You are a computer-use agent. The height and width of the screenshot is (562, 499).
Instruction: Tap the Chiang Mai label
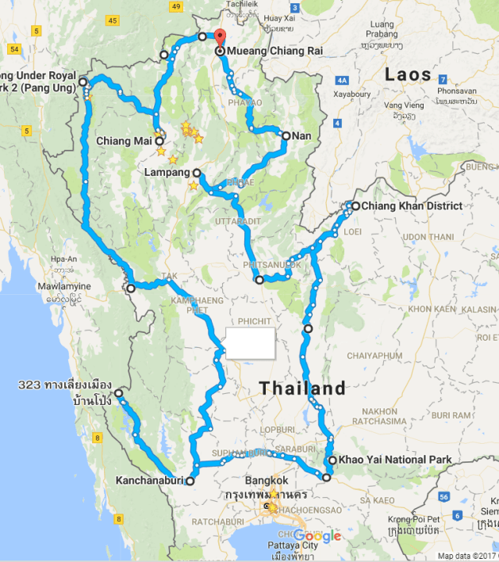tap(124, 141)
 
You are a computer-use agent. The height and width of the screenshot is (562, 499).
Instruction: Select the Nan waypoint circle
tap(286, 136)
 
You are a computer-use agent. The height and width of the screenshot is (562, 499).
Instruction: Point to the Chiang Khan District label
tap(406, 206)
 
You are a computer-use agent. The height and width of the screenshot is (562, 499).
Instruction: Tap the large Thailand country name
tap(304, 388)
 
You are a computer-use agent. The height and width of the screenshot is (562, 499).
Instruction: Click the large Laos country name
tap(408, 75)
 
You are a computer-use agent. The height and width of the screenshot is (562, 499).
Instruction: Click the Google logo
tap(317, 536)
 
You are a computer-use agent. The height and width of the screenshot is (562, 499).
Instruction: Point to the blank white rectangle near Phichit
tap(251, 343)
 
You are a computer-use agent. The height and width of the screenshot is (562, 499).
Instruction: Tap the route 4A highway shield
tap(342, 80)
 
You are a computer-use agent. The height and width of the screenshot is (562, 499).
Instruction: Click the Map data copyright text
tap(467, 556)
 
